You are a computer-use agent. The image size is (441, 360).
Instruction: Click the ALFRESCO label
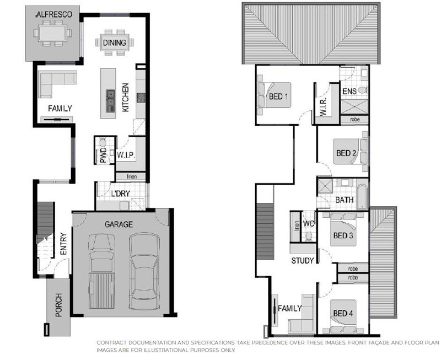pyautogui.click(x=54, y=15)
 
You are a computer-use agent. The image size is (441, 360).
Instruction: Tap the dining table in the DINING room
pyautogui.click(x=115, y=42)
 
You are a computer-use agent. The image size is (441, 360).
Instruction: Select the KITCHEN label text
pyautogui.click(x=126, y=98)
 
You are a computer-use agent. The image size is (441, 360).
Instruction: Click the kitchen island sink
pyautogui.click(x=110, y=101)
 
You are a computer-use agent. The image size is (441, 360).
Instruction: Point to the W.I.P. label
pyautogui.click(x=126, y=155)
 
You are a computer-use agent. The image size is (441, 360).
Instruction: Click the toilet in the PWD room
pyautogui.click(x=103, y=142)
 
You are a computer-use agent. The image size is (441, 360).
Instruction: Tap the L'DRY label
pyautogui.click(x=120, y=194)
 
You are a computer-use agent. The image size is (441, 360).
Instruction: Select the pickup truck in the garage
pyautogui.click(x=101, y=271)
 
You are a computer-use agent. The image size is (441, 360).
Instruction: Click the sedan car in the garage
pyautogui.click(x=144, y=271)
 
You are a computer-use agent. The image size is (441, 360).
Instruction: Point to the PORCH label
pyautogui.click(x=58, y=305)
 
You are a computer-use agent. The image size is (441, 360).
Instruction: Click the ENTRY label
pyautogui.click(x=63, y=244)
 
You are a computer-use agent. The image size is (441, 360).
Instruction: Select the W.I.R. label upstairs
pyautogui.click(x=323, y=107)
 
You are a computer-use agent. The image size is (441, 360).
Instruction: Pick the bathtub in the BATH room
pyautogui.click(x=362, y=197)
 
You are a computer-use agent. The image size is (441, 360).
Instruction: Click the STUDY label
pyautogui.click(x=303, y=261)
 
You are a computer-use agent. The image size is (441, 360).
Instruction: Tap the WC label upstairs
pyautogui.click(x=309, y=224)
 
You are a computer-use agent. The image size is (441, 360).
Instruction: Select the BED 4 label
pyautogui.click(x=343, y=313)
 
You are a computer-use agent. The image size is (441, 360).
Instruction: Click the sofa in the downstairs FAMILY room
pyautogui.click(x=57, y=84)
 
